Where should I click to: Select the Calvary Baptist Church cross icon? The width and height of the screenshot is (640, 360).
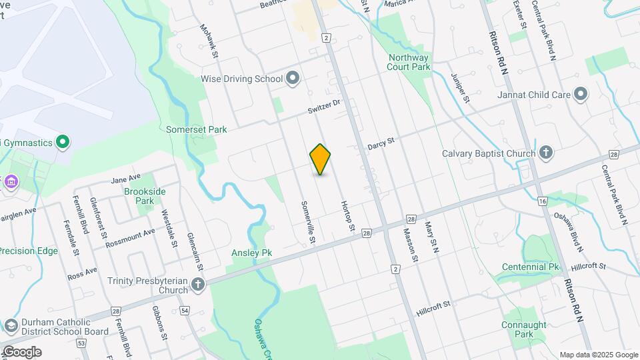(x=546, y=153)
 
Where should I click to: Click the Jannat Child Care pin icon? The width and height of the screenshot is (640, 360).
(x=581, y=95)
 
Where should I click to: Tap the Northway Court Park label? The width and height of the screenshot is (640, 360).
(x=409, y=62)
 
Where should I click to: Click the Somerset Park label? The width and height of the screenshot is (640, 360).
(x=197, y=129)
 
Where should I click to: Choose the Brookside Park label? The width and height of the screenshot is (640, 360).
(x=145, y=196)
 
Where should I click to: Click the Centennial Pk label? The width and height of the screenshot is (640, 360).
(x=531, y=267)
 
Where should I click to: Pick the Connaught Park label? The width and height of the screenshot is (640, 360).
(x=525, y=329)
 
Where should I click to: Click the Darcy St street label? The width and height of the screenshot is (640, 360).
(x=381, y=142)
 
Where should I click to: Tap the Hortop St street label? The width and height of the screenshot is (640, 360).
(x=347, y=216)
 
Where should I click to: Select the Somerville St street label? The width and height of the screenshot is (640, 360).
(x=308, y=221)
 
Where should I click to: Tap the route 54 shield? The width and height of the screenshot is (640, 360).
(x=185, y=311)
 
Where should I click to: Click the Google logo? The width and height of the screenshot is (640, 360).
(x=22, y=352)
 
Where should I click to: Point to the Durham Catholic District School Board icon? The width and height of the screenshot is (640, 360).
(x=10, y=326)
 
